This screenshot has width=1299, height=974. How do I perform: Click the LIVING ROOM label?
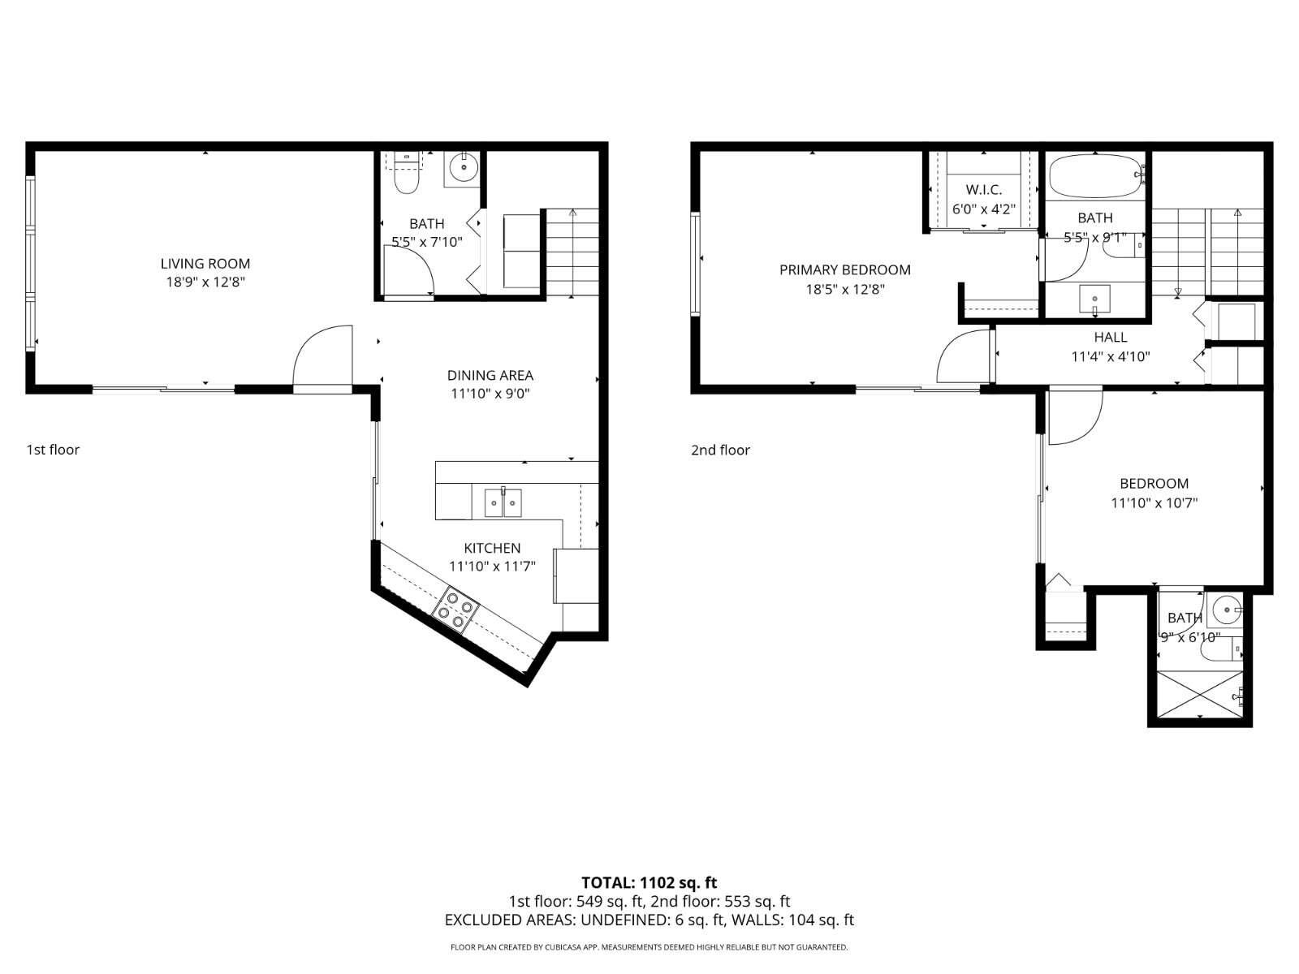coord(205,263)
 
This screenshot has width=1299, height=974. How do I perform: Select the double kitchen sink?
coord(503,502)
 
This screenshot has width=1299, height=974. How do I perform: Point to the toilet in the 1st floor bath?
coord(405,175)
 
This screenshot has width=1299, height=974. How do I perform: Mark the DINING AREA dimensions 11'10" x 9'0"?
coord(490,394)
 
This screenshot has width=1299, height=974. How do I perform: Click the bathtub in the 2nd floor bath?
coord(1093,176)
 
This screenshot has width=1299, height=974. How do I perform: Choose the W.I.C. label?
coord(983,190)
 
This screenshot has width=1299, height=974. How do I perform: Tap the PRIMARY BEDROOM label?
coord(844,269)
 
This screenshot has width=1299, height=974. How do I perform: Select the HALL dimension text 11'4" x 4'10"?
coord(1110,356)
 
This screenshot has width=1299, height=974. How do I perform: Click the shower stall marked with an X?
coord(1198,694)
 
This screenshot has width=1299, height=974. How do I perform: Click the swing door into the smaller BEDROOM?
coord(1073,418)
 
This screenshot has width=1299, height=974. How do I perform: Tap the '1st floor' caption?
coord(53,450)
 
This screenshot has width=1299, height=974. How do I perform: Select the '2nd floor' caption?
coord(720,450)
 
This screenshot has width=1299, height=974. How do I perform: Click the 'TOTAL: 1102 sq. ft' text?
coord(649,882)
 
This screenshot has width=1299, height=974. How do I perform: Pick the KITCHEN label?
coord(492,548)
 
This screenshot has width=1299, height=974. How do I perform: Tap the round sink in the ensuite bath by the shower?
coord(1224,606)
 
